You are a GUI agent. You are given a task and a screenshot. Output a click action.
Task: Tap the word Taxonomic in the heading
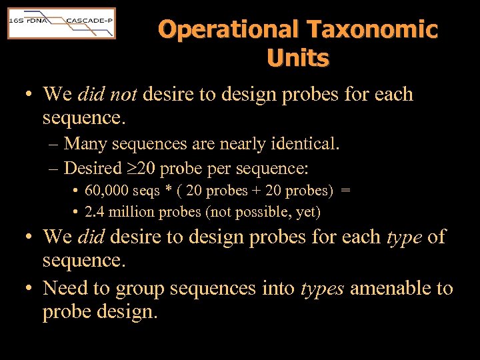pos(372,30)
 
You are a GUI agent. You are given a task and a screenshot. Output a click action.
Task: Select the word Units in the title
pos(298,58)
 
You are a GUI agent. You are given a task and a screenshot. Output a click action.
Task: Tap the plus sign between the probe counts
pos(255,191)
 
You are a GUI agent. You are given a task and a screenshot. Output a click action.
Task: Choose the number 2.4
pos(94,212)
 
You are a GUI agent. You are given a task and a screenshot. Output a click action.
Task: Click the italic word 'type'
pos(404,237)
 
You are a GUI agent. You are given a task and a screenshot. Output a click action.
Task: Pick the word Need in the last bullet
pos(65,289)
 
